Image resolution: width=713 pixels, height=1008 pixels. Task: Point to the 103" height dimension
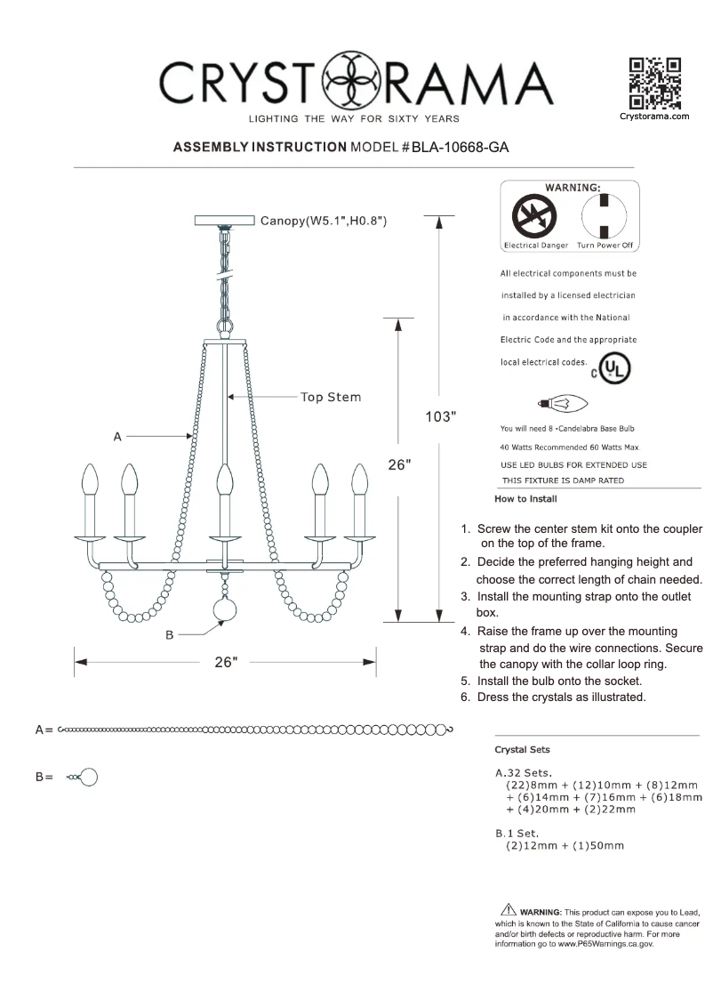point(439,416)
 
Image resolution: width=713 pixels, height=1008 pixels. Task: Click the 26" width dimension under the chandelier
point(226,662)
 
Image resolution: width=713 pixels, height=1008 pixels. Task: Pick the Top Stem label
point(331,397)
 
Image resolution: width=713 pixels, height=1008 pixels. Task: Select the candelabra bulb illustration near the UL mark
point(566,403)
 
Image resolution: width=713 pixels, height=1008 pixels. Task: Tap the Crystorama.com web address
point(654,117)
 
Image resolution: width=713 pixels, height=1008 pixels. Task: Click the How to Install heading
point(525,499)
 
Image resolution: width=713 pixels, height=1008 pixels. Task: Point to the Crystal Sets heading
point(522,750)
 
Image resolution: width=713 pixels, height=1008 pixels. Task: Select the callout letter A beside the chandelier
point(117,436)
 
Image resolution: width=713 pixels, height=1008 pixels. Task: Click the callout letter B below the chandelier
point(170,635)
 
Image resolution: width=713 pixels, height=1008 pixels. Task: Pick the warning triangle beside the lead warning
point(508,910)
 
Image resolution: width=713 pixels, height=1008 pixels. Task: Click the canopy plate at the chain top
point(223,220)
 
